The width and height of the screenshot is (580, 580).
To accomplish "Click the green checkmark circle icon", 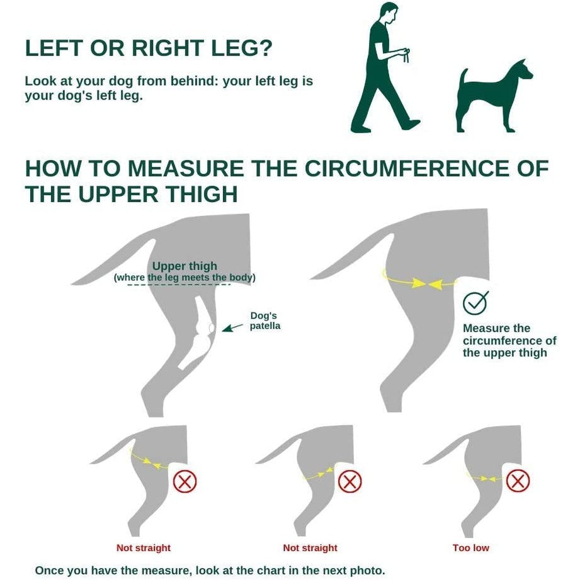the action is point(475,303).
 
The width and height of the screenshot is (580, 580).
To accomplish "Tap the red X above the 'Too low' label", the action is point(518,481).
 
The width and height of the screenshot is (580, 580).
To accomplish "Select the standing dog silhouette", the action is point(494,96).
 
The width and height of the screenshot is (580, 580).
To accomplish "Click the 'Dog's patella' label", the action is point(265,321).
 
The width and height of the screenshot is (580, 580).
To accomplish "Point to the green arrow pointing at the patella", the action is point(232,327).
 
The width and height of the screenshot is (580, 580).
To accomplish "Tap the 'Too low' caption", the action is point(470,548).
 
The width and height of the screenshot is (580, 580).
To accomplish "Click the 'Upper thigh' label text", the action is point(185,266).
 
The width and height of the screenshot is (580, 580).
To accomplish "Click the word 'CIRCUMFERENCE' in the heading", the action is point(407,168).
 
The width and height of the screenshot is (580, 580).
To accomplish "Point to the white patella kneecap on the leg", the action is point(212,328).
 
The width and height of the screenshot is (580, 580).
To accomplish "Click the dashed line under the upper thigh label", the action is point(179,285).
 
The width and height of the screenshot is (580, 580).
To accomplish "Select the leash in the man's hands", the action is point(406,56).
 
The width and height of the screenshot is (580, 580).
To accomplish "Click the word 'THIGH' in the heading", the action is point(201,194).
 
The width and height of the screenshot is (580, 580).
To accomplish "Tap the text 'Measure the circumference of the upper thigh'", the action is point(509,340).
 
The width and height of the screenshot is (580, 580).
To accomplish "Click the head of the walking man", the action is point(389,13).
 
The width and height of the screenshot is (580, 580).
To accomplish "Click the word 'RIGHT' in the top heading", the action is point(168,48).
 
